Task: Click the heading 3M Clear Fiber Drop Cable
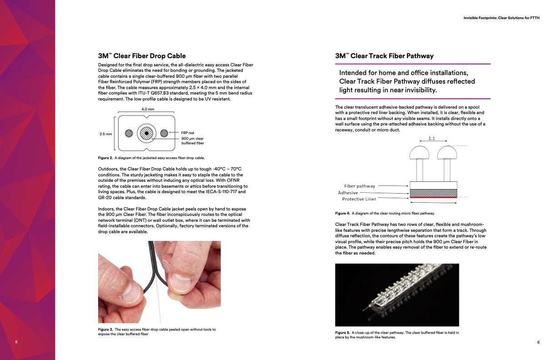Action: [x=142, y=56]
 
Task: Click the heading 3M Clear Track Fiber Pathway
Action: [x=384, y=56]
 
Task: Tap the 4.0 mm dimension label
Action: [x=148, y=110]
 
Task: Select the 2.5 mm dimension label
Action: [x=105, y=134]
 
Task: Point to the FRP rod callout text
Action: [x=188, y=133]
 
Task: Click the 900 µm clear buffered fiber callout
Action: [x=193, y=140]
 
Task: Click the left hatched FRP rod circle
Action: [x=129, y=133]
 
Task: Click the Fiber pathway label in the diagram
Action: [x=360, y=186]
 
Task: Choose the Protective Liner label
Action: [x=359, y=199]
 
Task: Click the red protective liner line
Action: [x=433, y=198]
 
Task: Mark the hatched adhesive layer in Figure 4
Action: [x=433, y=193]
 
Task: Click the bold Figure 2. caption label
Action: [x=105, y=158]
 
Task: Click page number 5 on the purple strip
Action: [x=16, y=342]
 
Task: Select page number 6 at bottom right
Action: [x=538, y=342]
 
